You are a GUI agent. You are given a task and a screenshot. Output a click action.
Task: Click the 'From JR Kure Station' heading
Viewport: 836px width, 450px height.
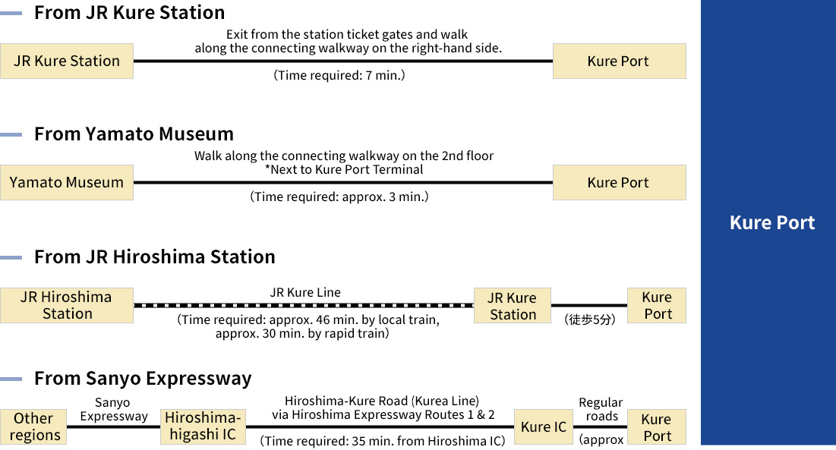129,12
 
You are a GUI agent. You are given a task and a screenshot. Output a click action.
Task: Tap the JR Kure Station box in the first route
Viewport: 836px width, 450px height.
67,61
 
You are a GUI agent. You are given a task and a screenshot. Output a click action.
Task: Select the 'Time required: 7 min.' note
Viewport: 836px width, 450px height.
339,75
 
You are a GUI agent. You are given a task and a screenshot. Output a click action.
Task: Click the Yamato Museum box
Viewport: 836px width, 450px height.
67,182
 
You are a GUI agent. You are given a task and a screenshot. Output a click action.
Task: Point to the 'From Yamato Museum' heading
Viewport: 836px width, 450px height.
134,134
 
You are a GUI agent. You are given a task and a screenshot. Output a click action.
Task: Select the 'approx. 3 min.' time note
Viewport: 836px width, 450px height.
339,197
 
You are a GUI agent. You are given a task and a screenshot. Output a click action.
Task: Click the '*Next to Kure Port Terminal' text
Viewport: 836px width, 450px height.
344,169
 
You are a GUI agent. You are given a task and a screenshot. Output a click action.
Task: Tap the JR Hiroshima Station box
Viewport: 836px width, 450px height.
67,305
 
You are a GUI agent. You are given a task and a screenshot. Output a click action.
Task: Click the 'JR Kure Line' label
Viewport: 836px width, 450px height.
305,292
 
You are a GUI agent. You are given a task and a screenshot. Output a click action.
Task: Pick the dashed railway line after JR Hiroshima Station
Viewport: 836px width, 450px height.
304,306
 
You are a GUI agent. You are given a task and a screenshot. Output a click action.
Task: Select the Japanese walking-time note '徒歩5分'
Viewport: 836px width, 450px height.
590,319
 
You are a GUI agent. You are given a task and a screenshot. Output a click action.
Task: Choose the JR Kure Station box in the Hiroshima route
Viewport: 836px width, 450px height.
513,306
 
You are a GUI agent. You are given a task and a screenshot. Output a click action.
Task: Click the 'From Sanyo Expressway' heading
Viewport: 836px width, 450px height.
142,378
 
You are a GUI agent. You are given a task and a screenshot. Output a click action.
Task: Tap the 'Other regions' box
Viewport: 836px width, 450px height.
33,426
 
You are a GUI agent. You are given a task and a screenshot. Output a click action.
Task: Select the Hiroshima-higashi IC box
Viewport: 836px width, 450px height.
203,426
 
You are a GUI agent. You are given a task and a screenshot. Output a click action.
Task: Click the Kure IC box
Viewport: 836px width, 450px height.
544,426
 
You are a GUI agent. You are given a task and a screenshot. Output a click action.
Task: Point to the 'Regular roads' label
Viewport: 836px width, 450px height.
601,409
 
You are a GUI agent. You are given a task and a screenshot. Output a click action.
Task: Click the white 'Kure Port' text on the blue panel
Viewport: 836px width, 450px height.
772,222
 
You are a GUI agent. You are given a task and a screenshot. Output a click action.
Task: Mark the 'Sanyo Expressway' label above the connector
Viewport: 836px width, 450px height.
114,409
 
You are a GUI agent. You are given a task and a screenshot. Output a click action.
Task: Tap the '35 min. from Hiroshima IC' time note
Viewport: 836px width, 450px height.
382,441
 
